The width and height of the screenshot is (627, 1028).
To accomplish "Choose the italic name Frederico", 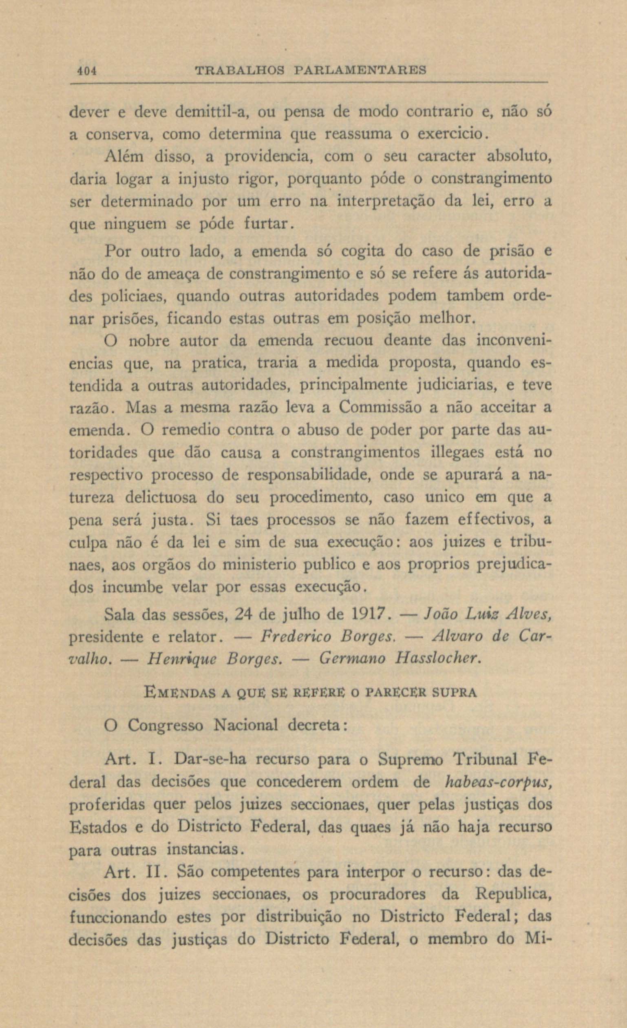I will click(x=296, y=637).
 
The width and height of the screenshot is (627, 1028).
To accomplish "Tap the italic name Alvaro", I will click(x=458, y=637).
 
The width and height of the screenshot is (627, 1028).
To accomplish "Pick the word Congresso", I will click(x=166, y=726).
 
